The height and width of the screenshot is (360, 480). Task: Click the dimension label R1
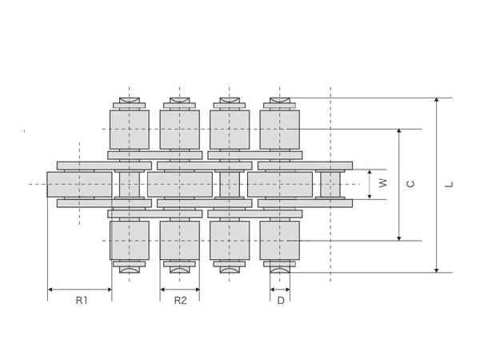[82, 301]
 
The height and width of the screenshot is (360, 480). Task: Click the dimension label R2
[180, 301]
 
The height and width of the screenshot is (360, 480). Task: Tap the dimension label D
[281, 301]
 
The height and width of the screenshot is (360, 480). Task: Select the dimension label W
[383, 182]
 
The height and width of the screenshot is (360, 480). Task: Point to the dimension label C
[410, 184]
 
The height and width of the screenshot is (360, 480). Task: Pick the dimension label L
[449, 184]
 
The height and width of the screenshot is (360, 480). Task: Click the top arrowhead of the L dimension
[437, 100]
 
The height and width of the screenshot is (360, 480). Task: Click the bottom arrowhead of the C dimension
[399, 238]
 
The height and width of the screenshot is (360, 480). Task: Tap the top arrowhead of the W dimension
[370, 172]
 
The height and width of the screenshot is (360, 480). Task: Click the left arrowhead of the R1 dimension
[50, 290]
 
